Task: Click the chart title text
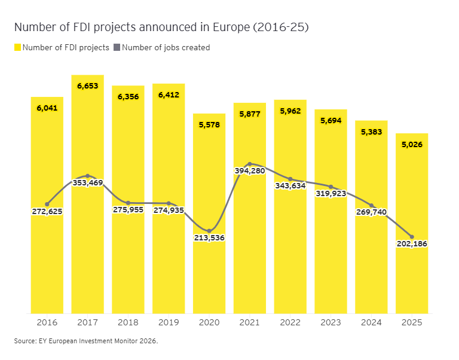pos(161,28)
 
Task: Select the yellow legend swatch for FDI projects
pos(17,47)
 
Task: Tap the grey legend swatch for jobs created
pos(117,47)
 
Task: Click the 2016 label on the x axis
pos(47,322)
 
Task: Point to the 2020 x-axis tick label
pos(209,322)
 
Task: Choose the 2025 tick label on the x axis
pos(412,322)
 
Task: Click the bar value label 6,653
pos(87,86)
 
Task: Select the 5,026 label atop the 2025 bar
pos(412,144)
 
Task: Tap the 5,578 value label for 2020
pos(209,125)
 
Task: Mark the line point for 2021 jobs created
pos(250,164)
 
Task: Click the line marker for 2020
pos(209,231)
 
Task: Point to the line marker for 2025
pos(412,237)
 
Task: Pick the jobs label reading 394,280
pos(250,171)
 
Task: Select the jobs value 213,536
pos(209,237)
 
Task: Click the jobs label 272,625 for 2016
pos(47,211)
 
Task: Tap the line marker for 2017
pos(87,176)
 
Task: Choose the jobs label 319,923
pos(331,193)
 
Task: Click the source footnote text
pos(86,341)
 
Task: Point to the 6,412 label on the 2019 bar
pos(169,95)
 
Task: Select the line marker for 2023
pos(331,187)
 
